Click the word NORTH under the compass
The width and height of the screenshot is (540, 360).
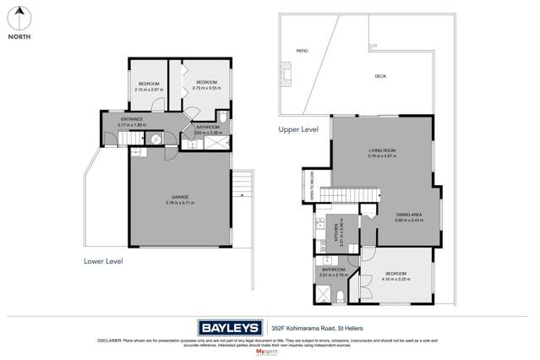(x=20, y=37)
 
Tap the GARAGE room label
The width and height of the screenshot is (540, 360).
(x=180, y=197)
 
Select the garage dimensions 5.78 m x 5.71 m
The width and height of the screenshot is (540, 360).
(x=180, y=203)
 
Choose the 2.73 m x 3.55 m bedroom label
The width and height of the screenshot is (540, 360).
(x=206, y=85)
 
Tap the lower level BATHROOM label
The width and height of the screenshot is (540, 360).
(x=208, y=128)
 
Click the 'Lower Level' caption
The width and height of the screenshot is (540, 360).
(x=103, y=261)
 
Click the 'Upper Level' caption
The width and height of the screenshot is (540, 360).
(x=298, y=129)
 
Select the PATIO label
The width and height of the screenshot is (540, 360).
(x=302, y=51)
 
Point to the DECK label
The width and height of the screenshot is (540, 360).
(x=380, y=76)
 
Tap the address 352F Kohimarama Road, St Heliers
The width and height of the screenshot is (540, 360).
(x=318, y=327)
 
